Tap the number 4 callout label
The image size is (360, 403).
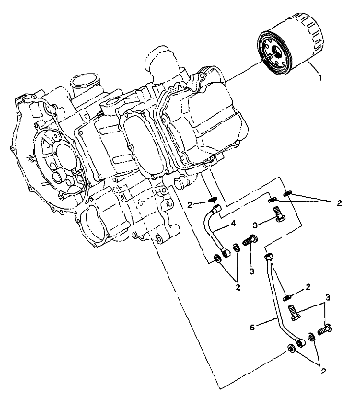pyautogui.click(x=234, y=223)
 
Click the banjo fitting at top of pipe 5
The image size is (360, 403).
pyautogui.click(x=269, y=259)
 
